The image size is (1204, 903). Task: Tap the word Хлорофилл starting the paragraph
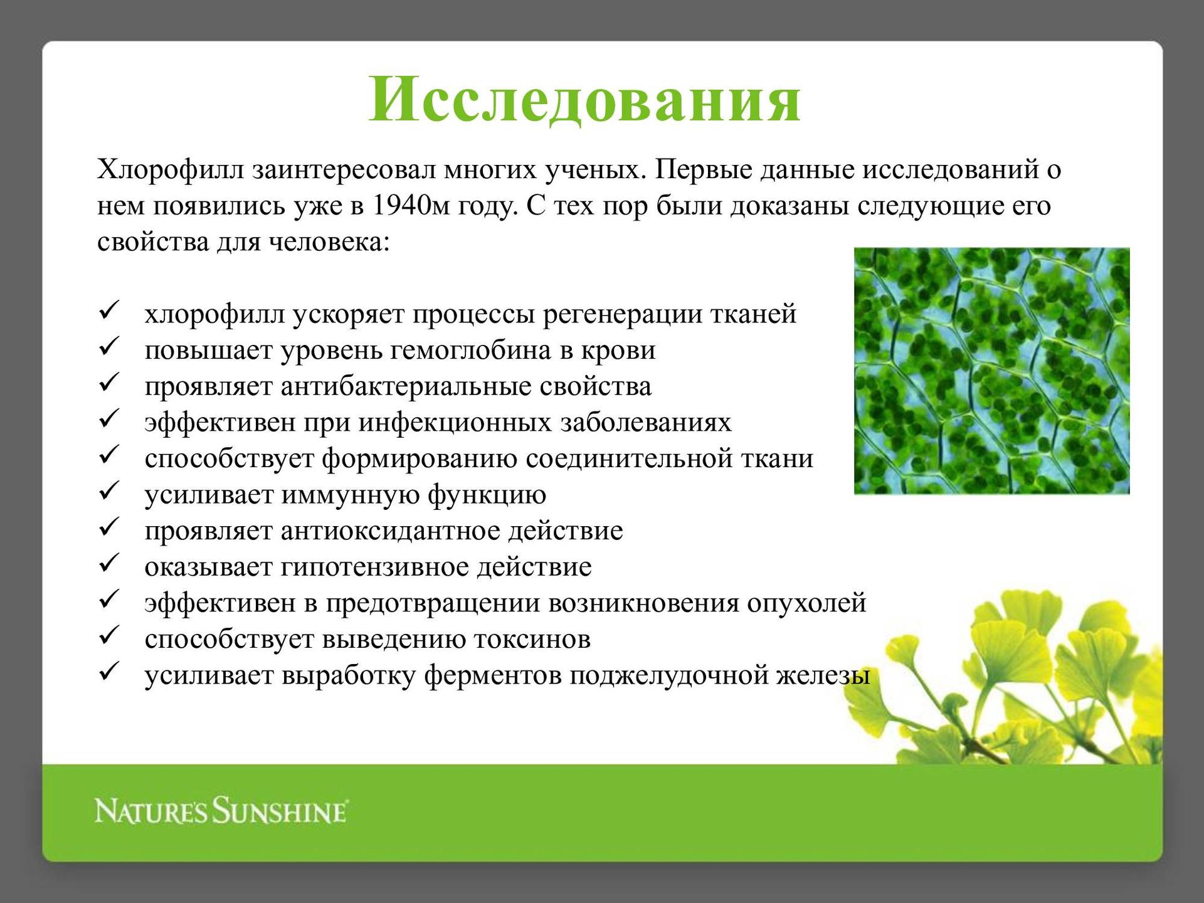[x=171, y=171]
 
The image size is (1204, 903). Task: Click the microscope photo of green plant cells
[x=992, y=371]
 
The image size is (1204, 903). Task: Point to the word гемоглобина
[x=470, y=350]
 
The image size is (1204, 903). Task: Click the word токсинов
[x=532, y=640]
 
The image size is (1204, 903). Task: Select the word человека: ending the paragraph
[x=329, y=242]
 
